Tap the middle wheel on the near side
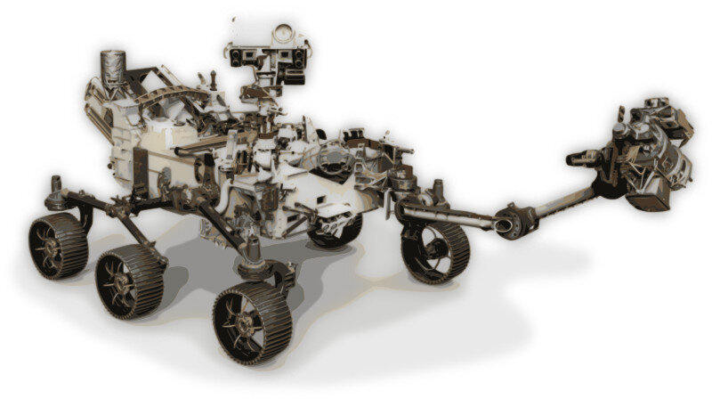(x=129, y=282)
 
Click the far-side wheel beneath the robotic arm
(x=433, y=253)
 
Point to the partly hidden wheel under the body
(x=336, y=230)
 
